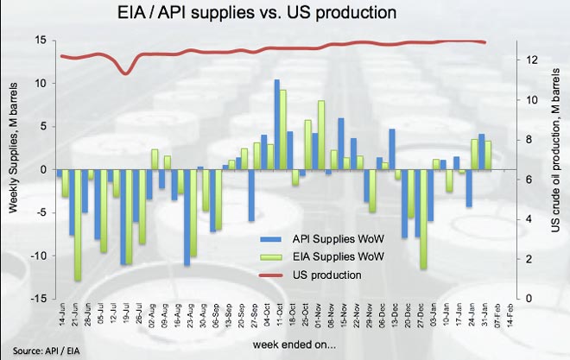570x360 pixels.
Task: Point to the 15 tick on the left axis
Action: coord(40,41)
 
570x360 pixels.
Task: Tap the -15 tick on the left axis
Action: coord(38,298)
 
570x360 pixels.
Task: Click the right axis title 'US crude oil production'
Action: coord(556,169)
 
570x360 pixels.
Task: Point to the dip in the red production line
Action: coord(126,73)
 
